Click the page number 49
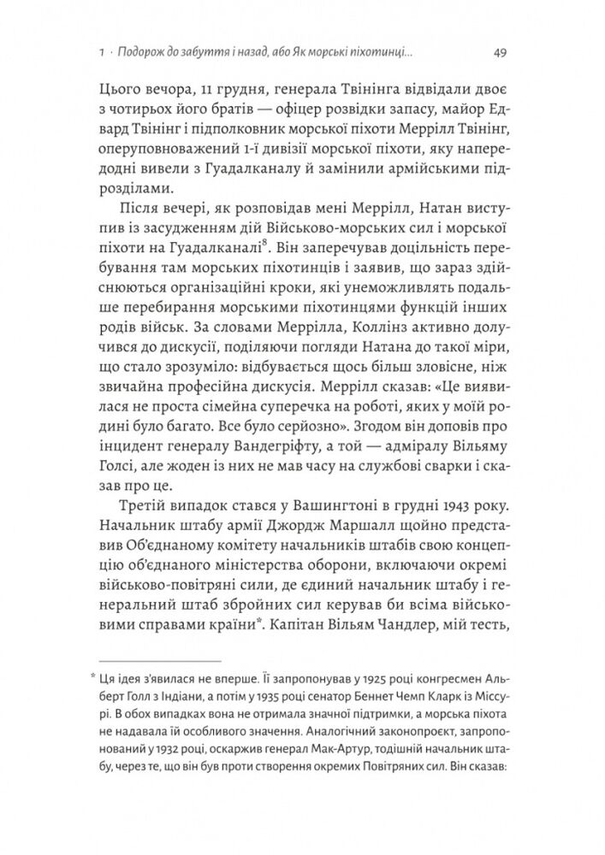coord(503,53)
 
